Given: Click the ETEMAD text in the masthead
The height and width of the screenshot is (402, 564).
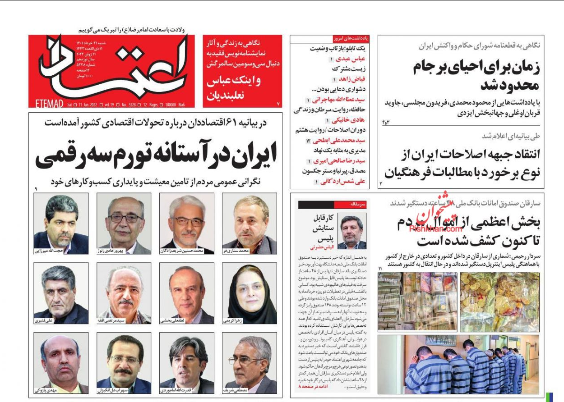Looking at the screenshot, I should (x=49, y=104).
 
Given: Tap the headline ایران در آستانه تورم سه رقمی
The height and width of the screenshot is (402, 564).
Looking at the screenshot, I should (x=156, y=156).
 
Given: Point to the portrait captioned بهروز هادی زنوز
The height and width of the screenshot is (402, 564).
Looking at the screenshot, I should (x=124, y=220).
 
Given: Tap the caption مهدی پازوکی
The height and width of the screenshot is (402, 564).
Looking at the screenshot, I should (x=46, y=390).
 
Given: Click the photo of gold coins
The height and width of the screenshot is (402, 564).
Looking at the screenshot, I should (x=493, y=301).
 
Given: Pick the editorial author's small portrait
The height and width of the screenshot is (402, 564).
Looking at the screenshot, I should (x=352, y=231).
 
